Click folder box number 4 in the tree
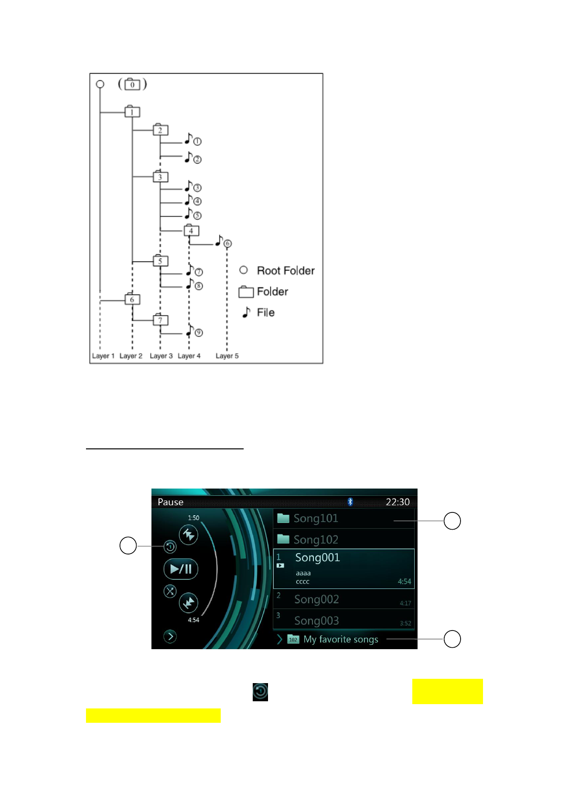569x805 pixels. (x=191, y=231)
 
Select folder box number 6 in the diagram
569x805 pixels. (x=132, y=300)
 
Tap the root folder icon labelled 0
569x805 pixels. (x=132, y=85)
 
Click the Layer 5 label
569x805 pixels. (x=227, y=356)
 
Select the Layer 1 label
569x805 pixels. (x=103, y=356)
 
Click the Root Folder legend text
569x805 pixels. (x=286, y=271)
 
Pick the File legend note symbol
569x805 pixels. (x=247, y=312)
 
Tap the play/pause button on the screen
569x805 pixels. (x=181, y=569)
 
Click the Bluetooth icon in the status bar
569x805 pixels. (x=350, y=501)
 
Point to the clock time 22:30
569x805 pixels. (x=397, y=502)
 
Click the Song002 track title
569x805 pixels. (x=317, y=599)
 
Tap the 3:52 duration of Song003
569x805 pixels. (x=405, y=623)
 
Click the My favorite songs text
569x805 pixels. (x=341, y=640)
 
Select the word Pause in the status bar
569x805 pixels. (x=171, y=502)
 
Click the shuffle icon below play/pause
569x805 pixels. (x=170, y=591)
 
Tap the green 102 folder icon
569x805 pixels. (x=293, y=639)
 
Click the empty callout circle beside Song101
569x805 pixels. (x=452, y=521)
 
